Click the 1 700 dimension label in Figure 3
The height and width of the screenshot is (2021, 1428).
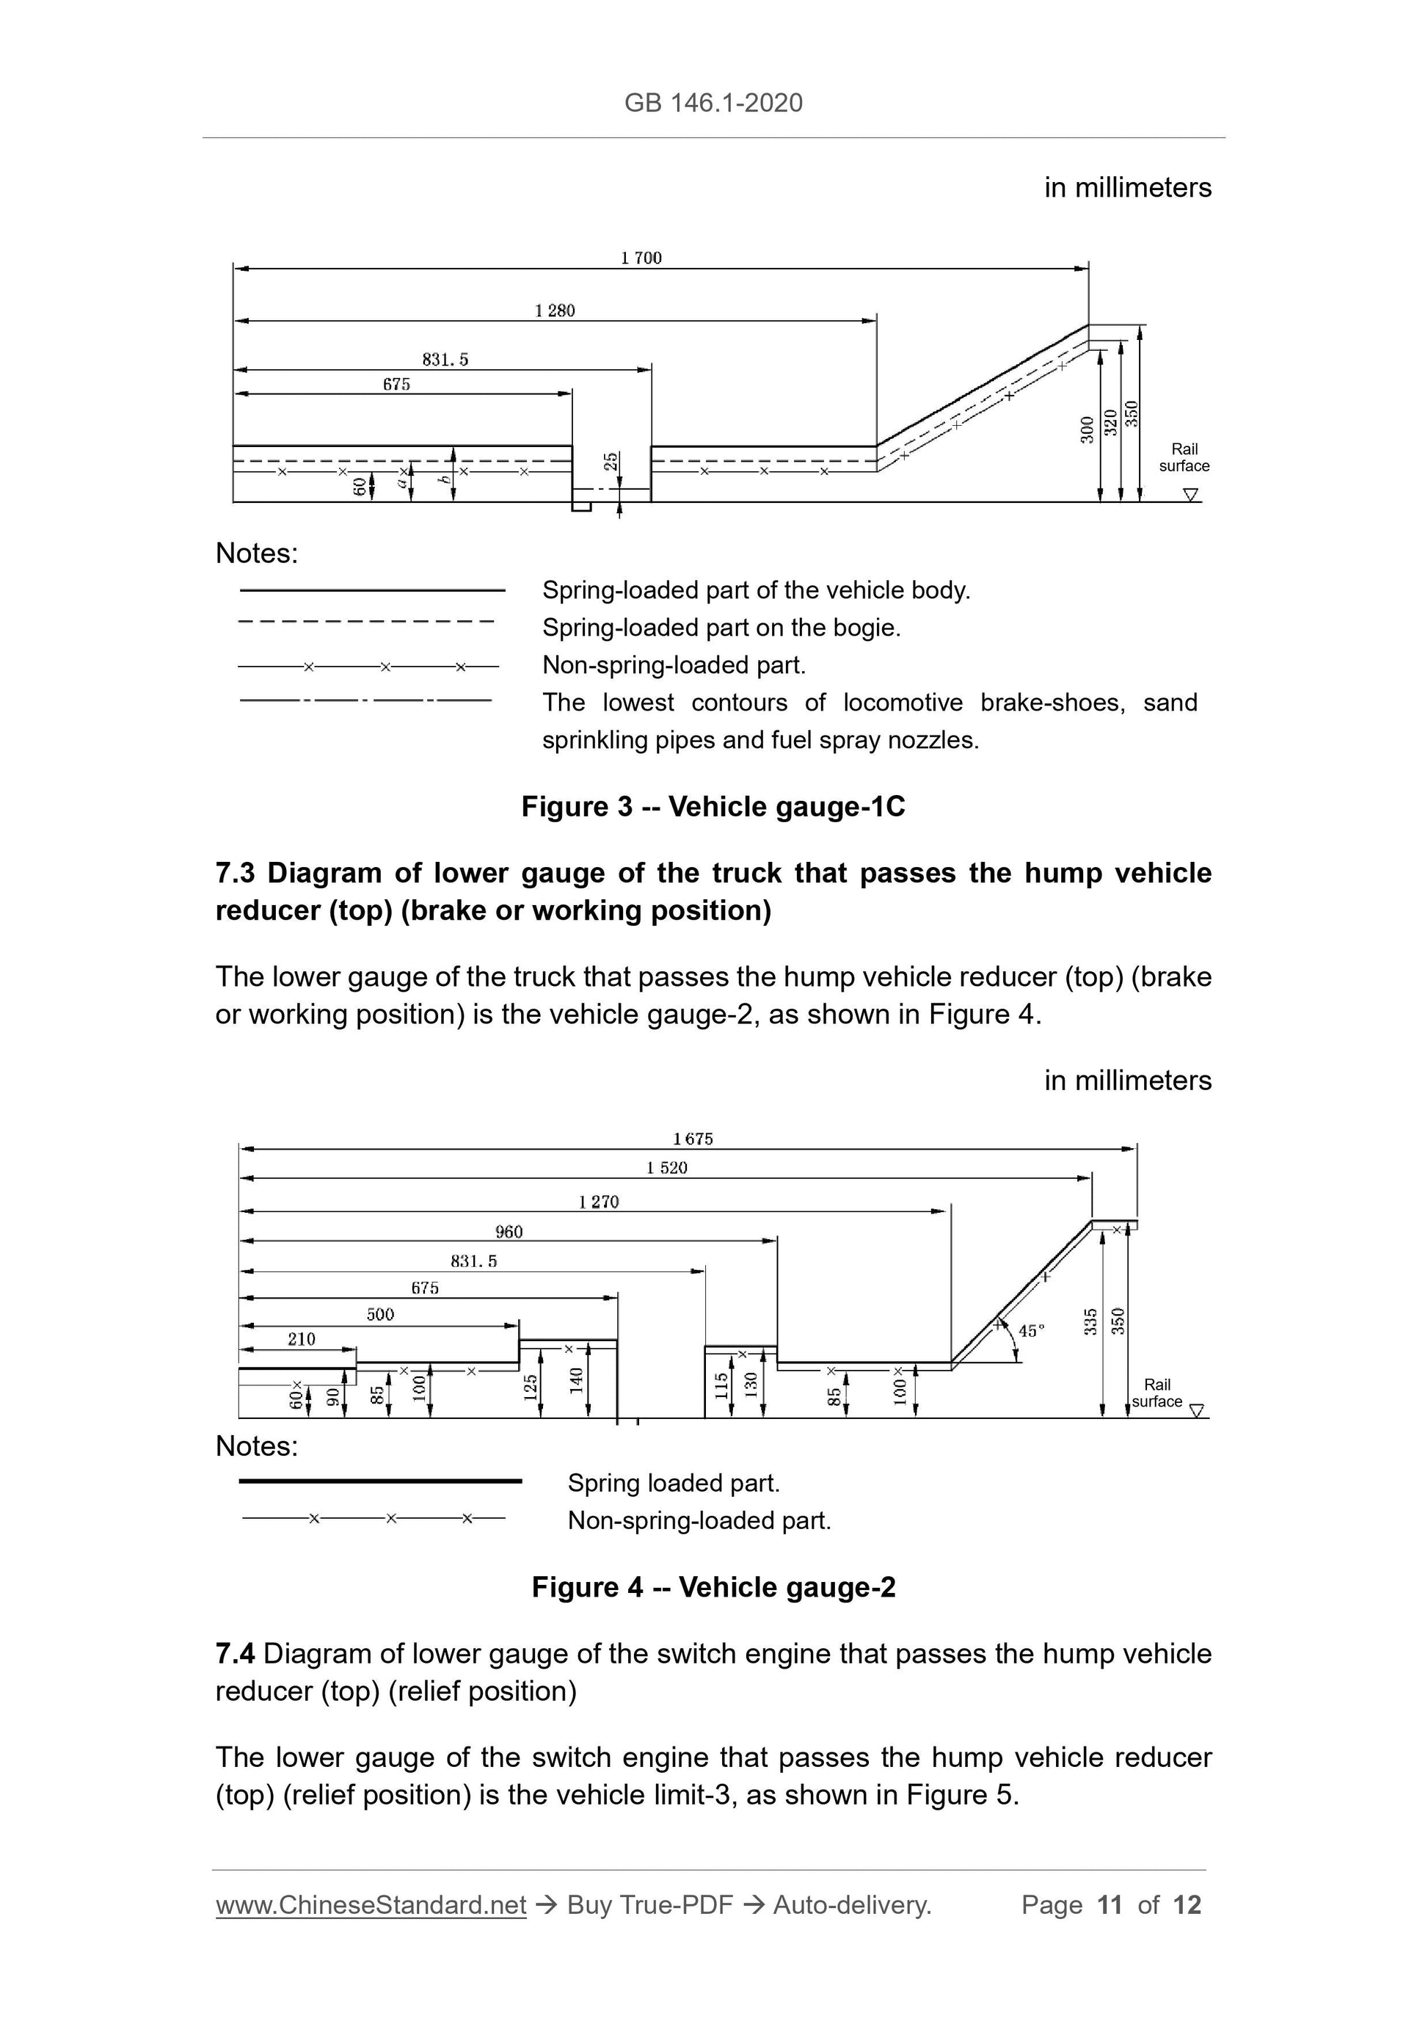tap(641, 258)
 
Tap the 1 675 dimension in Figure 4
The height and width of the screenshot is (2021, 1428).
tap(693, 1139)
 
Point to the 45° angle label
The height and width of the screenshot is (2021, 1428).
tap(1030, 1331)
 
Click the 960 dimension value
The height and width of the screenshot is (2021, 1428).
tap(509, 1231)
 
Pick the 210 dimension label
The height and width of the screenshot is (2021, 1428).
tap(301, 1339)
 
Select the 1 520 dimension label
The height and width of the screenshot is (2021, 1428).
tap(666, 1168)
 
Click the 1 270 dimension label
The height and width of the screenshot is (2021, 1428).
tap(598, 1202)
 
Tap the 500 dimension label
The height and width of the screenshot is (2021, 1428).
tap(380, 1314)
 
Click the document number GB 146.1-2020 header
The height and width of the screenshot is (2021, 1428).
tap(713, 103)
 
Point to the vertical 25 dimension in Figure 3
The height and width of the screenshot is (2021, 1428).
tap(611, 461)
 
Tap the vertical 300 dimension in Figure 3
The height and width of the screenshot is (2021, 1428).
tap(1088, 429)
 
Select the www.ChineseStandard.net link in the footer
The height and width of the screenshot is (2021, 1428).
tap(371, 1905)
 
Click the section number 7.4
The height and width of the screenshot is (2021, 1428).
tap(235, 1654)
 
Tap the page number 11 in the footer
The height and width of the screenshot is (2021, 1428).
tap(1110, 1905)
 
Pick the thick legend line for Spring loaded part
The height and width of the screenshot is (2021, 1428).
tap(380, 1481)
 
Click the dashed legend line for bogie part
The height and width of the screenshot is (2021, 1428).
tap(367, 623)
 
